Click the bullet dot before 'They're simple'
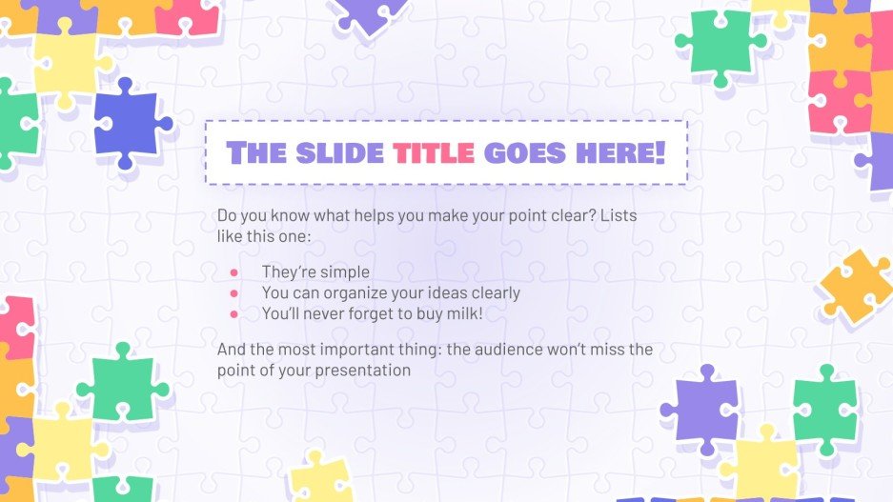coord(233,272)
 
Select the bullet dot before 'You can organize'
coord(233,292)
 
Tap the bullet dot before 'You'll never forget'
coord(233,312)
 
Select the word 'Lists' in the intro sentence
coord(618,216)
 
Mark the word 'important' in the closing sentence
coord(373,350)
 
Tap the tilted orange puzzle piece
coord(855,286)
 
